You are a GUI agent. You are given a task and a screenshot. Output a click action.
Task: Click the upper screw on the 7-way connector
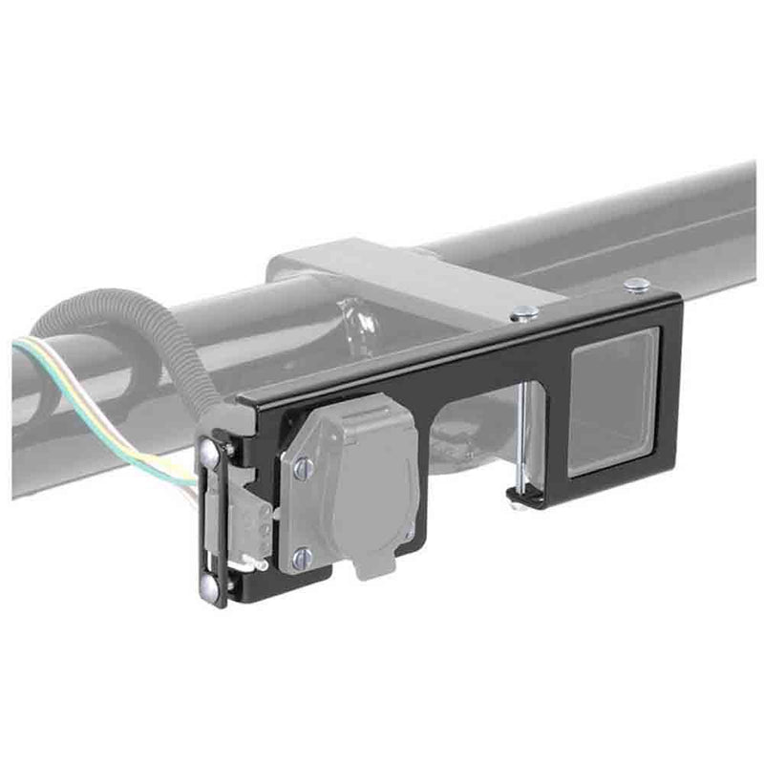303,467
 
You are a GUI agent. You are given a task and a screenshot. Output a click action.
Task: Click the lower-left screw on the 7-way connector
302,559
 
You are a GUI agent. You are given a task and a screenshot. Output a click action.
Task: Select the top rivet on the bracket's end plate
209,456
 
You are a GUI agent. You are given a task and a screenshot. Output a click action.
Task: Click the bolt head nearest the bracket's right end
636,284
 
